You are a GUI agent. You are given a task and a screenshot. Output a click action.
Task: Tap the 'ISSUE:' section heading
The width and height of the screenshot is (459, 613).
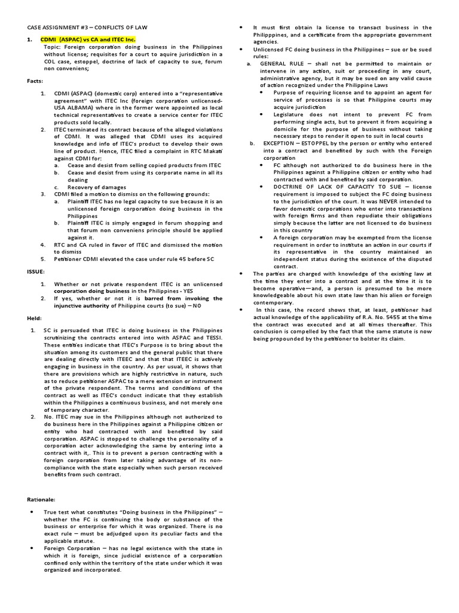(x=35, y=271)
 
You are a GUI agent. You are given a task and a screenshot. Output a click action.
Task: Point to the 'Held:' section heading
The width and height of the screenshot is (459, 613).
(x=34, y=317)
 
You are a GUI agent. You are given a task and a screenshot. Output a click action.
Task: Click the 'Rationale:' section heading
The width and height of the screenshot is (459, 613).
(x=41, y=497)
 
